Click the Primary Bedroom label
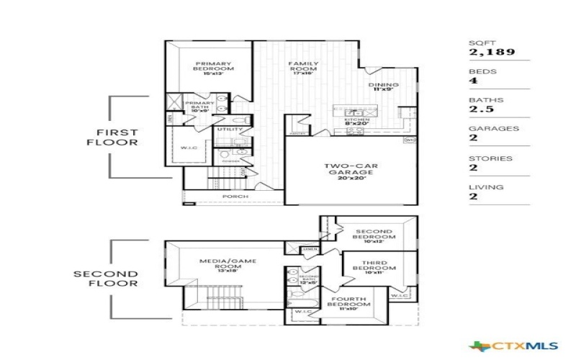tap(214, 68)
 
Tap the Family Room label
tap(303, 68)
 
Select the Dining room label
tap(383, 86)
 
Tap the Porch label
tap(235, 196)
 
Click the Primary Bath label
tap(199, 107)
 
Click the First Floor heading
tap(118, 137)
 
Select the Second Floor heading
tap(115, 279)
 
